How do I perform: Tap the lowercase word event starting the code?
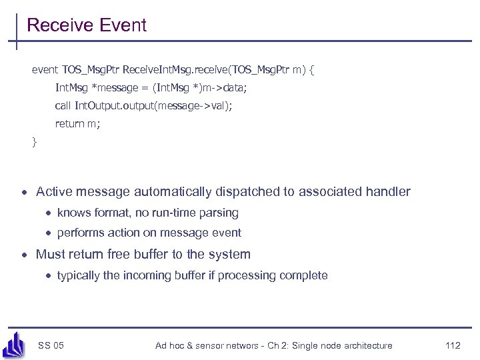click(x=45, y=69)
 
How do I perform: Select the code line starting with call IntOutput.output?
click(x=143, y=105)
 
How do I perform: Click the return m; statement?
click(x=77, y=123)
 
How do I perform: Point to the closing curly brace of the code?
click(x=35, y=141)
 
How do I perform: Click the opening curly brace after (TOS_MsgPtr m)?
click(x=312, y=69)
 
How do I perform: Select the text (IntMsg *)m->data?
click(x=199, y=87)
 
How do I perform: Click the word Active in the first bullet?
click(x=54, y=192)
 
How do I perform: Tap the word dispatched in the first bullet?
click(x=249, y=192)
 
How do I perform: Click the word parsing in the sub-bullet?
click(x=219, y=213)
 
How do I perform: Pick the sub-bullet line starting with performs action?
click(x=149, y=233)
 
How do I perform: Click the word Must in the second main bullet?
click(x=50, y=254)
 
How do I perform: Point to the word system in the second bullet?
click(x=231, y=254)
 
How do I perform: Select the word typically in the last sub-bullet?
click(x=78, y=275)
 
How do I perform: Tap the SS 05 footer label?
click(x=51, y=345)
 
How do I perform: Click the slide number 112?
click(x=453, y=345)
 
